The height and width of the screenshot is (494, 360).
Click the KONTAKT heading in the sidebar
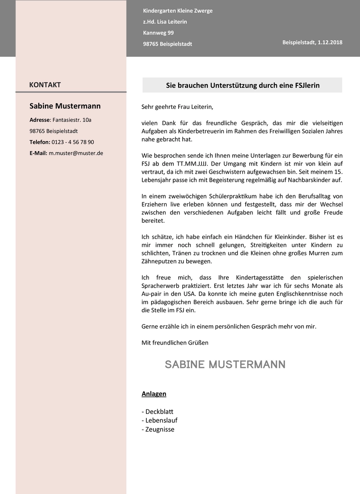click(45, 85)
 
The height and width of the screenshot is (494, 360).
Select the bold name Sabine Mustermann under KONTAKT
click(65, 106)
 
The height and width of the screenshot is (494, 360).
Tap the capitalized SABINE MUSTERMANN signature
click(225, 364)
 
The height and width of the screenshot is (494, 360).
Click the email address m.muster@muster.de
click(76, 153)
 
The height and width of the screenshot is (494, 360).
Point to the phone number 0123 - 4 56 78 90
click(72, 142)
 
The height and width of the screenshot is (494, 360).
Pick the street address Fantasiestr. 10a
click(72, 120)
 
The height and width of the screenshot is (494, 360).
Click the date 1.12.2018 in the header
click(330, 42)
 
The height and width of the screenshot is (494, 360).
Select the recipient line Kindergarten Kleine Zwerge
click(177, 11)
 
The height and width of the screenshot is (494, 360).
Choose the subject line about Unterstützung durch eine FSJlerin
click(243, 85)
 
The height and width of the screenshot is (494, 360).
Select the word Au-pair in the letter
click(151, 294)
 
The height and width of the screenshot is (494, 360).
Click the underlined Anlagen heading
click(154, 394)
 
